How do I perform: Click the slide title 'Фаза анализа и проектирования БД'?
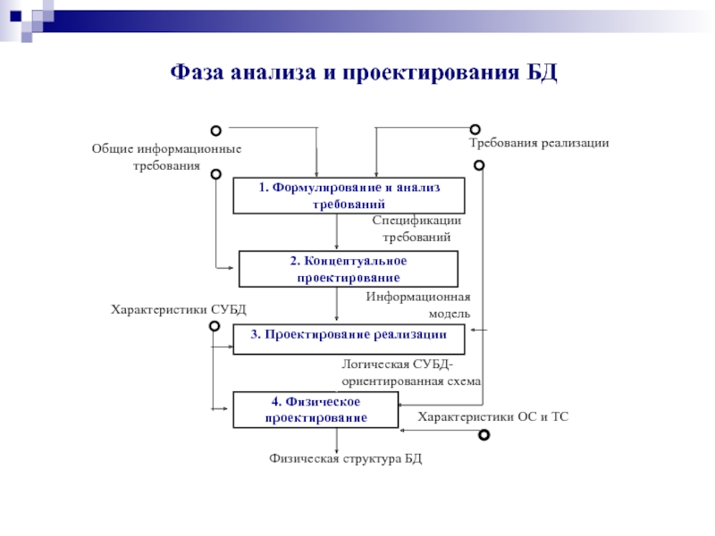pyautogui.click(x=364, y=72)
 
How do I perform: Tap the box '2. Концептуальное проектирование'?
pyautogui.click(x=349, y=269)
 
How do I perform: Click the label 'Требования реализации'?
pyautogui.click(x=539, y=143)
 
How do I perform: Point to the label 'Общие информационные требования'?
pyautogui.click(x=166, y=157)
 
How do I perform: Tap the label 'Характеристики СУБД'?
pyautogui.click(x=178, y=309)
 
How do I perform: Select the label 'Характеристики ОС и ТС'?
pyautogui.click(x=493, y=417)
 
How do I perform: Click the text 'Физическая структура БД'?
pyautogui.click(x=345, y=458)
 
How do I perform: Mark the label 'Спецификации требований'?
pyautogui.click(x=416, y=229)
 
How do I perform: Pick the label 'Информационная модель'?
pyautogui.click(x=418, y=305)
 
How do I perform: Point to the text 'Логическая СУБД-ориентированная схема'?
pyautogui.click(x=411, y=373)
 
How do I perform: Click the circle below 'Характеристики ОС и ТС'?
pyautogui.click(x=484, y=435)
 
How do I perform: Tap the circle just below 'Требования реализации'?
pyautogui.click(x=479, y=164)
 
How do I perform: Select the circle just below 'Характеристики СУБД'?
pyautogui.click(x=214, y=327)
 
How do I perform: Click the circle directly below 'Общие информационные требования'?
pyautogui.click(x=215, y=175)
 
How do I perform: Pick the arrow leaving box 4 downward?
pyautogui.click(x=337, y=440)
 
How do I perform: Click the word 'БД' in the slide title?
pyautogui.click(x=541, y=72)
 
